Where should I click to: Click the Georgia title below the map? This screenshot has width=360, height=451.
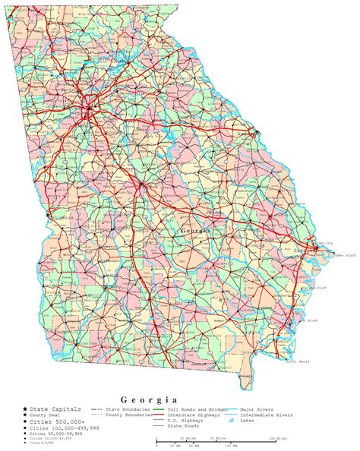pos(149,399)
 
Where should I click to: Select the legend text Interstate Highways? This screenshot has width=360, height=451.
pos(195,415)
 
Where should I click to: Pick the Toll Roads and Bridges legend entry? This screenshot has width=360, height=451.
pos(194,409)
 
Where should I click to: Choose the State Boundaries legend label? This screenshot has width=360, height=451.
pos(125,409)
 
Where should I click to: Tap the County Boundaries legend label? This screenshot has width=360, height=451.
pos(127,415)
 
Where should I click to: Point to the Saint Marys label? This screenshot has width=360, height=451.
pos(298,361)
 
